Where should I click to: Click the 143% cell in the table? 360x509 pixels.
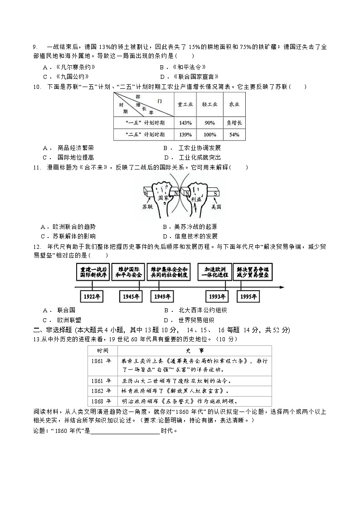pos(185,123)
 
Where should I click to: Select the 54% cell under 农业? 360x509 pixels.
pos(234,135)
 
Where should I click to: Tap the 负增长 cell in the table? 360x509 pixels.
pos(234,123)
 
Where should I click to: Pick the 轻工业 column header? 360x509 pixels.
pos(209,104)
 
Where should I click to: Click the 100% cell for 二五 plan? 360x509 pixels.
pos(209,135)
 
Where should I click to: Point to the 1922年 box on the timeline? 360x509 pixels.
pos(92,297)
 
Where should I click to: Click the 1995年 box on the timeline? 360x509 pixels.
pos(248,297)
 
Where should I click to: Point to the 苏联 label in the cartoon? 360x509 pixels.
pos(148,206)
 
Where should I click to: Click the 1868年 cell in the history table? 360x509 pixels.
pos(102,401)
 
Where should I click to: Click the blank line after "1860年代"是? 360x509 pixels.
pos(125,431)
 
